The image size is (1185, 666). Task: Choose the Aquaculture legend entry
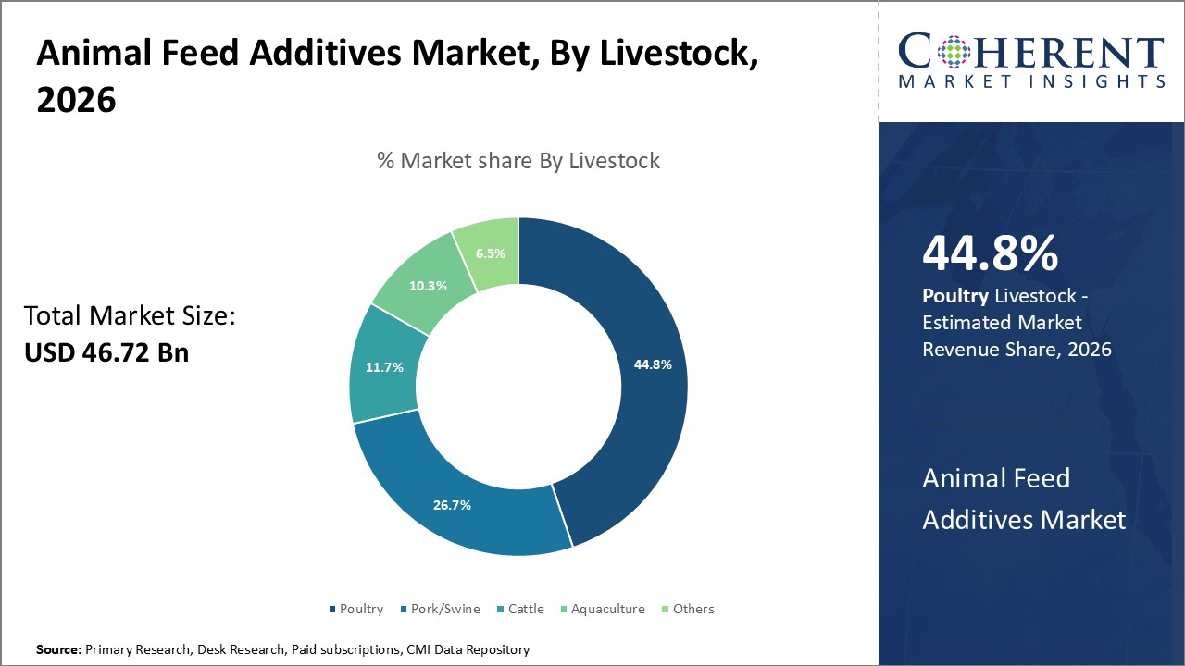607,609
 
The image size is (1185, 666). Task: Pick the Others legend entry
692,609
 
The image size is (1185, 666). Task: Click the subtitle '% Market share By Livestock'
518,161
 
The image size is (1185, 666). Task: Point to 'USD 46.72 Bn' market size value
106,351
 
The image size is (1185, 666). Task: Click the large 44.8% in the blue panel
990,253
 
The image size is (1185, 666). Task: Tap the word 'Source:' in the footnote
58,650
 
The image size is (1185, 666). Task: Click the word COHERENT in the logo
1031,52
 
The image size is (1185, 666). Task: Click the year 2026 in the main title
76,100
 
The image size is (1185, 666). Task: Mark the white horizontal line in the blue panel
1010,425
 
